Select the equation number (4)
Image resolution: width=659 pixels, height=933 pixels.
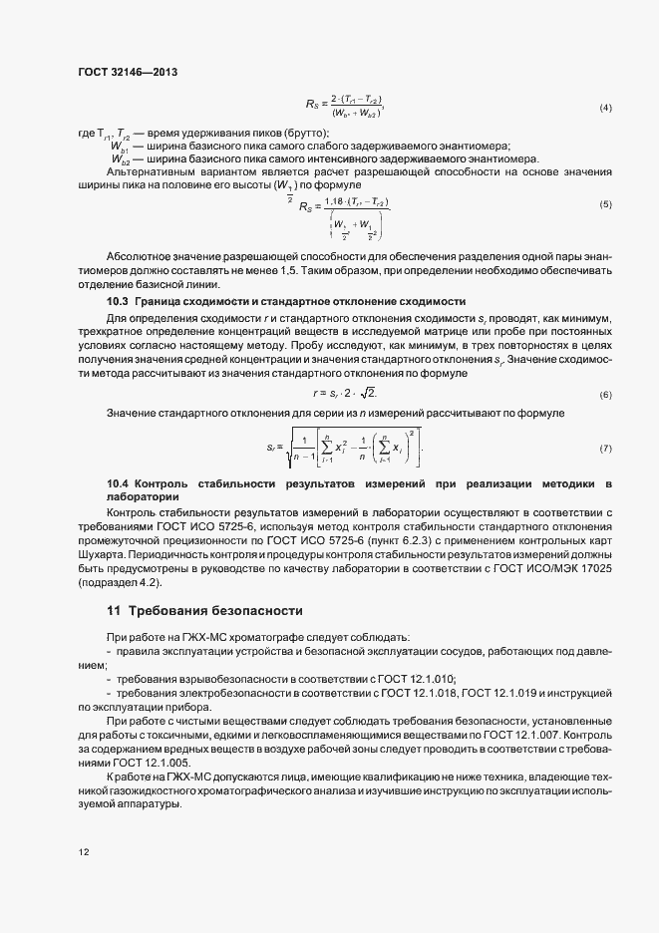point(604,107)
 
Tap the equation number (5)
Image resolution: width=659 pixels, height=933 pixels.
point(604,204)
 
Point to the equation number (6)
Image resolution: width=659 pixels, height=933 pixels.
point(604,395)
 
